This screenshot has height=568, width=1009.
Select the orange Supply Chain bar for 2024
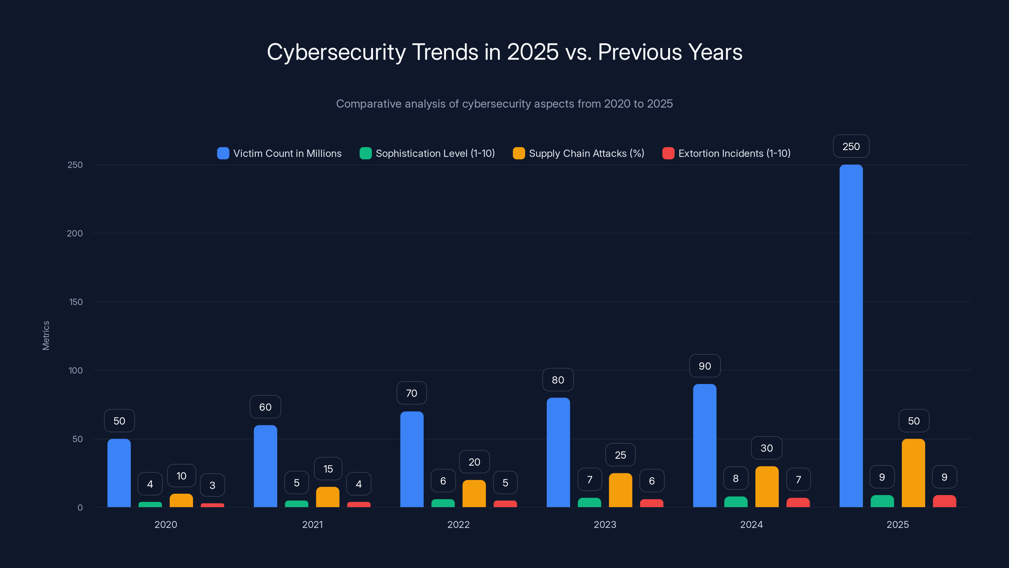(x=767, y=487)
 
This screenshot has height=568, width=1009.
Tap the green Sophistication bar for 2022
(x=443, y=503)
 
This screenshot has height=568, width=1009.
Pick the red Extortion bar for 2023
(x=651, y=503)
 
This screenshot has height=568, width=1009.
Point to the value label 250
(x=851, y=147)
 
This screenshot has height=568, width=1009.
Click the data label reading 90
(x=705, y=366)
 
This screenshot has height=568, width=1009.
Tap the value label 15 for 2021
(x=328, y=469)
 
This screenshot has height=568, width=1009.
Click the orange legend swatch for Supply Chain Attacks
(x=519, y=153)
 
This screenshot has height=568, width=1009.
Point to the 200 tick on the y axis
(x=75, y=234)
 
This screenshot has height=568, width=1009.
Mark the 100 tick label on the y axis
(x=76, y=370)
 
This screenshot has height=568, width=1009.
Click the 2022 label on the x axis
(x=458, y=524)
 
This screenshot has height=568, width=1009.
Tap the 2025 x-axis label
(x=897, y=524)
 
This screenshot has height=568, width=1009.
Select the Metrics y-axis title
(x=46, y=335)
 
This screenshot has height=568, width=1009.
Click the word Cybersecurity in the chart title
(x=336, y=52)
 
